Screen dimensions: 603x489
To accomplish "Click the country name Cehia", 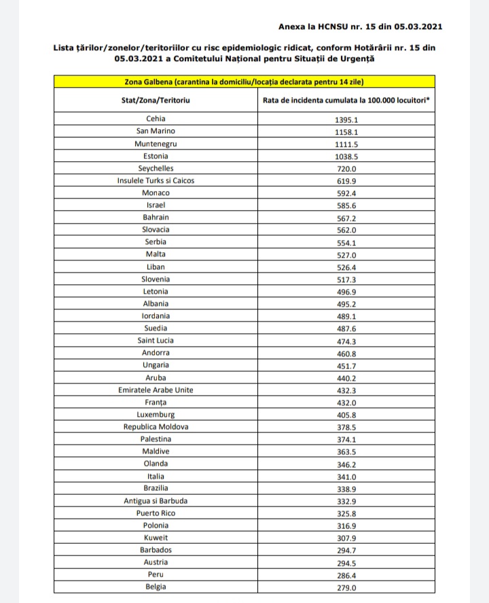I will [x=156, y=119].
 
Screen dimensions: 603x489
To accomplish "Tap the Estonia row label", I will [x=156, y=156].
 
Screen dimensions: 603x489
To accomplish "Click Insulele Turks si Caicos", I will [x=156, y=180].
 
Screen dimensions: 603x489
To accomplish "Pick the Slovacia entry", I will [x=156, y=230].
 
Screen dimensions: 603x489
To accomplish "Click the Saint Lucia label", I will [x=156, y=341].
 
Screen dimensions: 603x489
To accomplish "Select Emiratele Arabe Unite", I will [x=156, y=390].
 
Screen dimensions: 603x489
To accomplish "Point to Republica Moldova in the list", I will [x=156, y=427].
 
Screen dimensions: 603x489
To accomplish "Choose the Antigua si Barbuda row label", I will [x=156, y=501].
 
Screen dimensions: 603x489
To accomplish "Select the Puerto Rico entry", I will [x=156, y=513].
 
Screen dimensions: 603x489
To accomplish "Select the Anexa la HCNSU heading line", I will [x=361, y=27].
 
